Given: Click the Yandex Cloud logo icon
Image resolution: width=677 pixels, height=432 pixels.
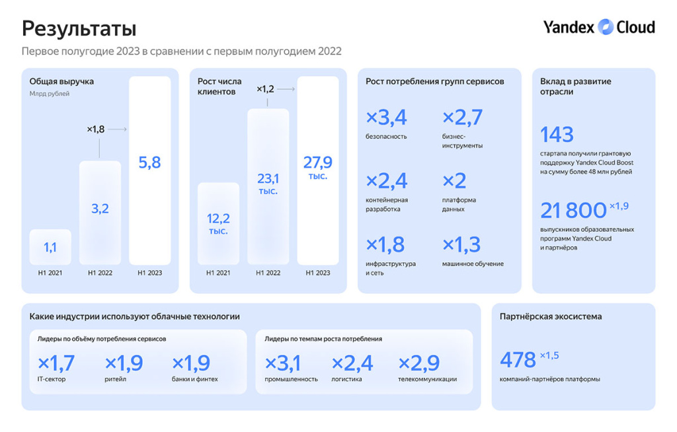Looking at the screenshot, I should [x=606, y=27].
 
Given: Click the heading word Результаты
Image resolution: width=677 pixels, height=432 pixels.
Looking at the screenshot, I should [x=79, y=28].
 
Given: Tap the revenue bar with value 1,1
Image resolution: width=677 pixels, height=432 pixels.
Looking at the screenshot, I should [x=50, y=247].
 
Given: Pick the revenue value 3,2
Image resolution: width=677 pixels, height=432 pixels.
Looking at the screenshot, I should [x=100, y=209].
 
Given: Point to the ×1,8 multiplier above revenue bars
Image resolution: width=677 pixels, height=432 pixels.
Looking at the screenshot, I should [x=96, y=129].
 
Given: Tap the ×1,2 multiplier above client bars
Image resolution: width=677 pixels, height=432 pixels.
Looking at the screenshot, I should [x=265, y=88].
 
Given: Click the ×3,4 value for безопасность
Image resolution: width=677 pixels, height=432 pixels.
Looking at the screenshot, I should [x=386, y=118].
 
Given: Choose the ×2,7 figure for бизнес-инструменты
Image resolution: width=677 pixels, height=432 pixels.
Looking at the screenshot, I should [x=462, y=118].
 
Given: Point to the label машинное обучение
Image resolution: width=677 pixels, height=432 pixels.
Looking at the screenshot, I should [x=473, y=264].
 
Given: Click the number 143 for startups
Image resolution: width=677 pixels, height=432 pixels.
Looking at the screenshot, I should [x=557, y=135].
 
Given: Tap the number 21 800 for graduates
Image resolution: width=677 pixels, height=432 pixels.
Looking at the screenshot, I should [x=573, y=211].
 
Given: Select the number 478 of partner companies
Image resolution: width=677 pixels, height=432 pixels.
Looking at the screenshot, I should [x=518, y=360].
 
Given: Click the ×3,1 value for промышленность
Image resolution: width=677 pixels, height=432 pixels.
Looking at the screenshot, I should [x=282, y=363].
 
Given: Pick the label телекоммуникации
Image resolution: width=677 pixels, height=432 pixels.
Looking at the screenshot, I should [x=427, y=379].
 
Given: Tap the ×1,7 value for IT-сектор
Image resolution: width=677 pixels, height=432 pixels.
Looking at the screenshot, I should [x=56, y=363].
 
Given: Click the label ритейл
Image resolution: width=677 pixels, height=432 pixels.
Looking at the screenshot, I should [x=115, y=379].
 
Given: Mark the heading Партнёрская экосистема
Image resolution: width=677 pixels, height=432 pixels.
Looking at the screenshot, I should [x=551, y=316].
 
